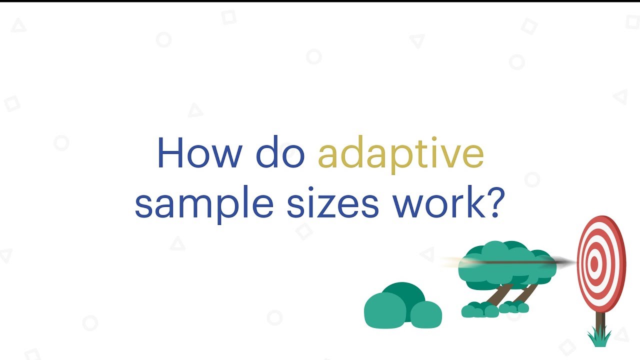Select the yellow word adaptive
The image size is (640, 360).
coord(400,154)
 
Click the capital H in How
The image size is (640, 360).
coord(169,153)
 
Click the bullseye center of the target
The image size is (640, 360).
coord(594,264)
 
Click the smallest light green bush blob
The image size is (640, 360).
coord(426,314)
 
